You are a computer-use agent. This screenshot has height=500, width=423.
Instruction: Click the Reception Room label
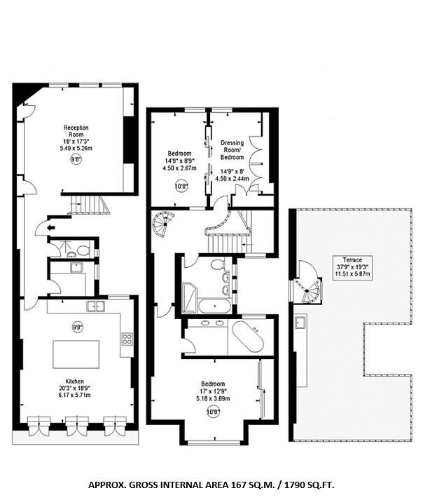(76, 131)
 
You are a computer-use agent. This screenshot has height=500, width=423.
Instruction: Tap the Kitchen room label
(74, 381)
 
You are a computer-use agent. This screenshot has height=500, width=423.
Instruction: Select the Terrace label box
(352, 268)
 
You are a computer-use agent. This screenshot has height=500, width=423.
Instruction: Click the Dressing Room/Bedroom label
(233, 150)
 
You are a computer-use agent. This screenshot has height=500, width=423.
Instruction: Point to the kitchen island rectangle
(76, 354)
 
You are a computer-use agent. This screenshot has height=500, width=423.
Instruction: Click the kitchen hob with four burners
(127, 339)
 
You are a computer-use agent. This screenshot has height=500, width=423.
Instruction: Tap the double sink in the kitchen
(95, 306)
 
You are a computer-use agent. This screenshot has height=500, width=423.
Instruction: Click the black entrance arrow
(50, 228)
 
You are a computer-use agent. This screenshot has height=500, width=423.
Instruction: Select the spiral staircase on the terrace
(307, 286)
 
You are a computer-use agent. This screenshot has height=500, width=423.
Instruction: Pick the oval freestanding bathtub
(248, 337)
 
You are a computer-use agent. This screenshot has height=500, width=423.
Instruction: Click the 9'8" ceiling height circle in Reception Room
(76, 159)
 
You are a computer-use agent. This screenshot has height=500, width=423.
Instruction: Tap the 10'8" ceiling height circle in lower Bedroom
(214, 412)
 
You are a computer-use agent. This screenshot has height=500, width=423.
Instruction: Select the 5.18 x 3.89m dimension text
(213, 398)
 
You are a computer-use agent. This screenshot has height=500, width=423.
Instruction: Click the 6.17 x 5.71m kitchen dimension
(74, 395)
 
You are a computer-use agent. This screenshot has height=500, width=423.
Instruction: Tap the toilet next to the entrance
(83, 250)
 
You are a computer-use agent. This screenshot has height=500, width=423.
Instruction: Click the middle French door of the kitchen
(77, 426)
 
